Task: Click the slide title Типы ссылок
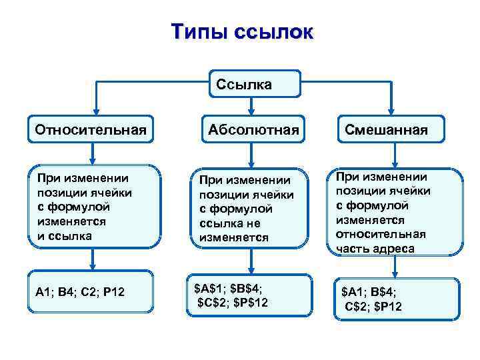(x=240, y=33)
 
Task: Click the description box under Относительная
(x=94, y=207)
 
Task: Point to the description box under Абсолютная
(x=251, y=208)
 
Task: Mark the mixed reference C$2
(x=360, y=306)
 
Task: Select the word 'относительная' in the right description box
(x=381, y=235)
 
